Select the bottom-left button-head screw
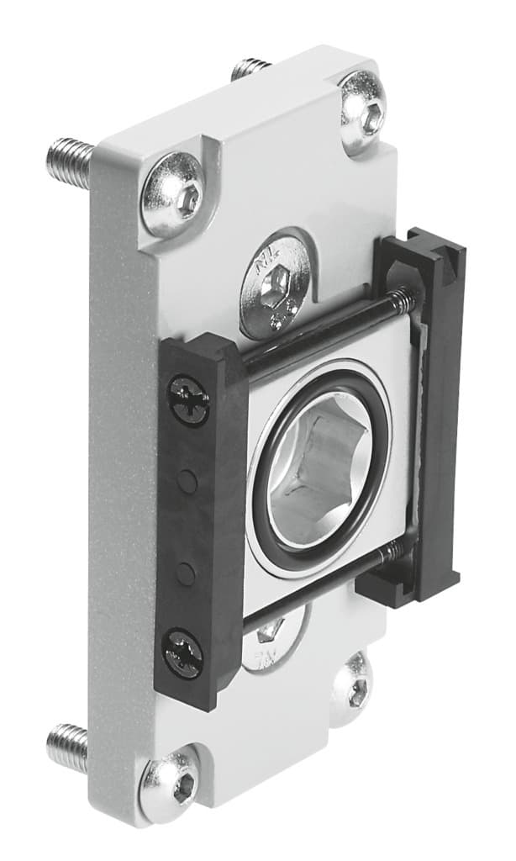click(x=170, y=784)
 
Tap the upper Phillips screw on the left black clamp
click(x=188, y=400)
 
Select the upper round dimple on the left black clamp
click(x=187, y=481)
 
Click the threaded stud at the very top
click(x=250, y=68)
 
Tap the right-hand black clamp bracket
click(x=424, y=412)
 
